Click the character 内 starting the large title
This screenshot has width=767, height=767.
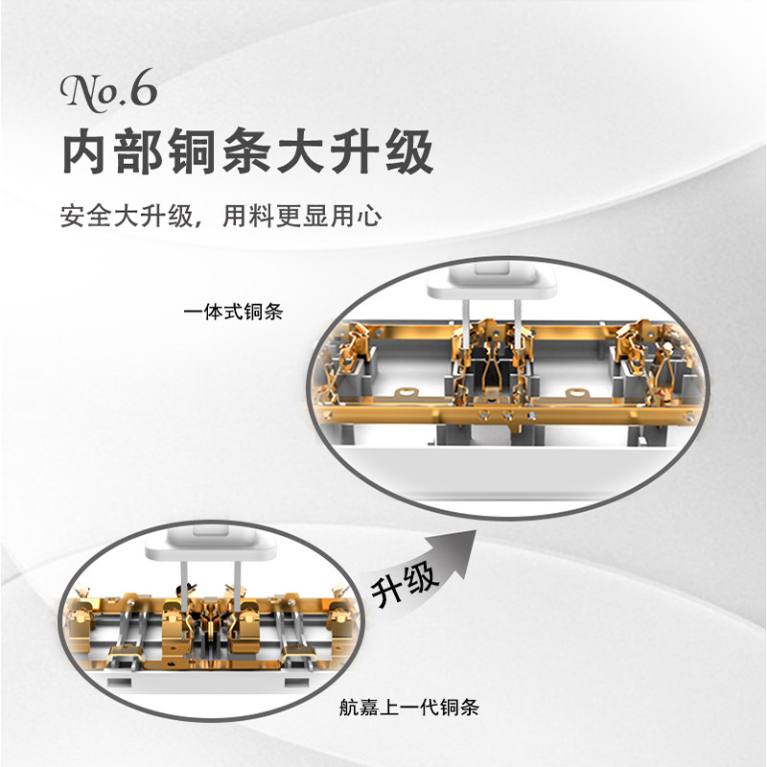86,151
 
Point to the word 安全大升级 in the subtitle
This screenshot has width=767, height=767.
128,216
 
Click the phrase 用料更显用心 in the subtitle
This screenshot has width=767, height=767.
302,216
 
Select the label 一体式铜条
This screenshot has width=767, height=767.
234,312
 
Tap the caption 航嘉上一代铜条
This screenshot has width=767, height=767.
409,708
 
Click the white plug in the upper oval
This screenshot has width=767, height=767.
492,280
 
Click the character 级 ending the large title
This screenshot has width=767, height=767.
409,151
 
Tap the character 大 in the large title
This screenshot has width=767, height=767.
301,151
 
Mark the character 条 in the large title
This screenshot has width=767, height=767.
246,151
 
